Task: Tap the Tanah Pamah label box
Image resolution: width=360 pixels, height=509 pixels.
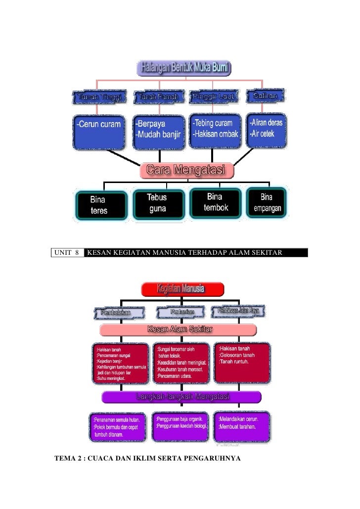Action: coord(158,97)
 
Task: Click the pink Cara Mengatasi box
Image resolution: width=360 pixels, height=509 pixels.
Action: coord(186,171)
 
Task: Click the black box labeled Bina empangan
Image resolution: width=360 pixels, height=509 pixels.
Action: coord(267,203)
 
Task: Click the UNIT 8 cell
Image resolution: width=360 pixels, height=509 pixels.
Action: coord(67,253)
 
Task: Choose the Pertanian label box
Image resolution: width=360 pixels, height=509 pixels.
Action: coord(182,312)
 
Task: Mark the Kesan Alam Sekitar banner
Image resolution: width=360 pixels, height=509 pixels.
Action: coord(178,329)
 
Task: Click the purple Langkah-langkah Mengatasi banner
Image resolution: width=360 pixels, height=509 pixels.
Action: coord(181,397)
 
